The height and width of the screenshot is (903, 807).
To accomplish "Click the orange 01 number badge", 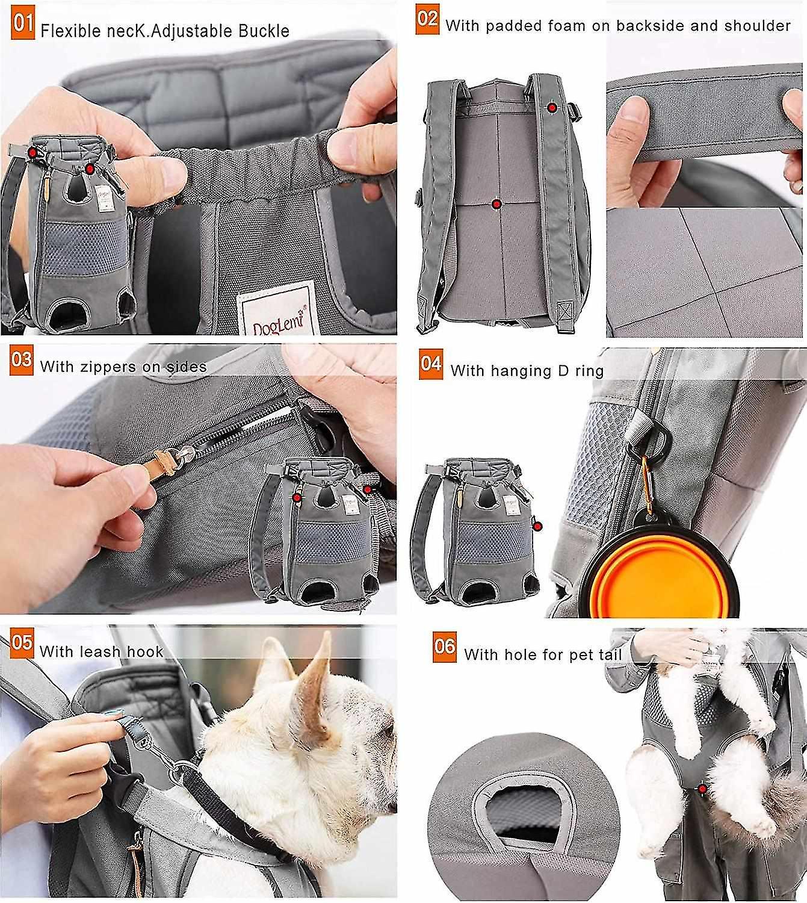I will pyautogui.click(x=23, y=25).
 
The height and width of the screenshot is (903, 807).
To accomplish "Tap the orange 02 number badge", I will pyautogui.click(x=427, y=19).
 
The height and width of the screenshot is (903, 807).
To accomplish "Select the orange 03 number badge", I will pyautogui.click(x=22, y=360).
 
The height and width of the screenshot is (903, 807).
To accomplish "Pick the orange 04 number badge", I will pyautogui.click(x=431, y=364).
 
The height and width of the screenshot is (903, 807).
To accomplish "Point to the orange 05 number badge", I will pyautogui.click(x=22, y=643).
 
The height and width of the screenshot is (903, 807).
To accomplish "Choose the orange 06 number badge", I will pyautogui.click(x=445, y=647).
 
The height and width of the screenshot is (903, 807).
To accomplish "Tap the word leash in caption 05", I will pyautogui.click(x=93, y=651).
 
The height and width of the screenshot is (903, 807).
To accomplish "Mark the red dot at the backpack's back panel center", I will pyautogui.click(x=496, y=204).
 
